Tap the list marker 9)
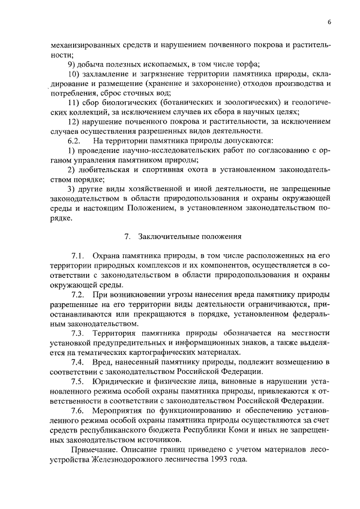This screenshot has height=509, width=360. tap(71, 64)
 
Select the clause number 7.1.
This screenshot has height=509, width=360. tap(78, 256)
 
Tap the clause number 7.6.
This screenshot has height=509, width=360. tap(78, 412)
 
